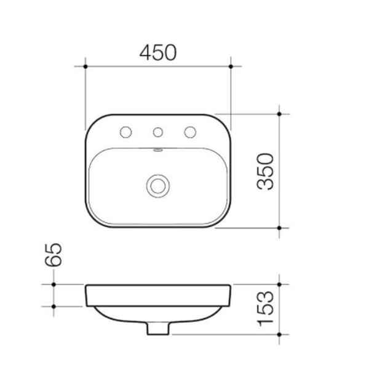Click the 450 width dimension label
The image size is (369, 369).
[x=158, y=52]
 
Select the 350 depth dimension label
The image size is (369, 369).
[x=266, y=172]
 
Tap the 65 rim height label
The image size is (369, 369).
[x=54, y=255]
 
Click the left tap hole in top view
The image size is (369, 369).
[x=125, y=132]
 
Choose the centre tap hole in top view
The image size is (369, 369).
[x=158, y=132]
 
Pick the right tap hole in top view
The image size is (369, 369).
[x=190, y=132]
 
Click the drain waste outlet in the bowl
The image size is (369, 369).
[x=158, y=186]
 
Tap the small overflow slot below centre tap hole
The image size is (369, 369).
[x=158, y=150]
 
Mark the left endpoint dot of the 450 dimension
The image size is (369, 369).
[x=85, y=66]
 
